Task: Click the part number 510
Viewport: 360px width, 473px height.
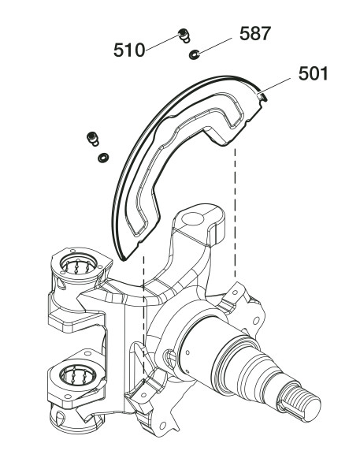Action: tap(129, 50)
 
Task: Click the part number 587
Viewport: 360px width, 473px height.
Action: tap(255, 33)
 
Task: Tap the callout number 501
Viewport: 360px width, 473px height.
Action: tap(313, 73)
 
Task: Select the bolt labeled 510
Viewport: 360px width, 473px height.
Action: tap(184, 35)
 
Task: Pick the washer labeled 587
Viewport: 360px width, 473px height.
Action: tap(194, 54)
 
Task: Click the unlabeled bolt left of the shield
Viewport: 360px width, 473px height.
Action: tap(93, 139)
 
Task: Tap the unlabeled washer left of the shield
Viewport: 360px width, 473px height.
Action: tap(103, 158)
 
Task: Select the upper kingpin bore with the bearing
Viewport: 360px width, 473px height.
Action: tap(78, 266)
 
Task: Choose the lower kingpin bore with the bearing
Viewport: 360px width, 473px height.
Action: tap(79, 377)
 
